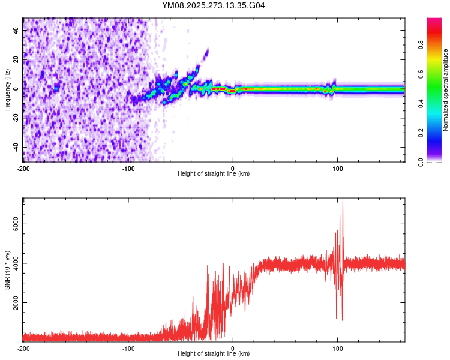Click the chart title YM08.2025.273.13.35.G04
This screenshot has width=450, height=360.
point(214,5)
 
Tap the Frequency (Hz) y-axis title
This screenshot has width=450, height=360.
point(7,90)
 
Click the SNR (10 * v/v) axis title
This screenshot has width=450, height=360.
point(7,270)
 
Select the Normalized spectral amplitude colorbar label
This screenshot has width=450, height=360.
point(446,90)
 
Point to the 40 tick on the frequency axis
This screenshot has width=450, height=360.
point(16,29)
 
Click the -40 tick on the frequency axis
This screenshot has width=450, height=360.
point(16,147)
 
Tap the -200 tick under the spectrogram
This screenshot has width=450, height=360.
point(23,168)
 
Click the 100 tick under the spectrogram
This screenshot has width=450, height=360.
point(338,168)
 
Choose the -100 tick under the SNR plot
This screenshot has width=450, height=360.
point(128,348)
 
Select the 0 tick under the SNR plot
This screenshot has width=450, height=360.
point(233,348)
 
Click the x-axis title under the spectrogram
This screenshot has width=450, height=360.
point(214,174)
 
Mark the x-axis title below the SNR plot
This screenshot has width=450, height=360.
point(214,354)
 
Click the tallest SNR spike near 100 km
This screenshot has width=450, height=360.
point(343,202)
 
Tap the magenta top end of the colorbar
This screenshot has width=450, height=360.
point(434,20)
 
